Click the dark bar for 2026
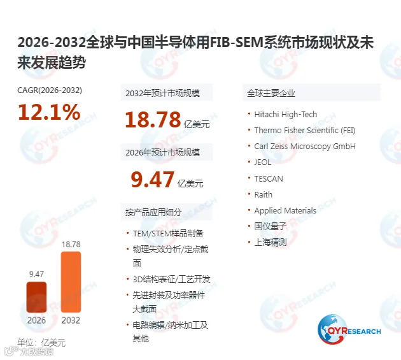tap(36, 297)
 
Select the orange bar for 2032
tap(71, 282)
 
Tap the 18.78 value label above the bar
tap(71, 244)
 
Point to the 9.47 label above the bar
tap(36, 274)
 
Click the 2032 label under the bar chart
tap(71, 320)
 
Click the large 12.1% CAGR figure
tap(49, 112)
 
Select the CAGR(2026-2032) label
tap(50, 90)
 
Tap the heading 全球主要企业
tap(271, 93)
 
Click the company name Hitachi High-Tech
tap(285, 114)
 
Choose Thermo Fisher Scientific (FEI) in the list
tap(305, 131)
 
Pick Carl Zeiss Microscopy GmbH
tap(305, 146)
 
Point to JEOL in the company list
tap(263, 162)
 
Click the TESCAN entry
tap(269, 178)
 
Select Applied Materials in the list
tap(285, 211)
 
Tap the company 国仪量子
tap(271, 226)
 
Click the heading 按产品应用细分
tap(153, 212)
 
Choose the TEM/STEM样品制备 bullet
tap(168, 233)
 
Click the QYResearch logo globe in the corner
tap(332, 329)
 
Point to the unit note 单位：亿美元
tap(41, 342)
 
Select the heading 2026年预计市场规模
tap(162, 152)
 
